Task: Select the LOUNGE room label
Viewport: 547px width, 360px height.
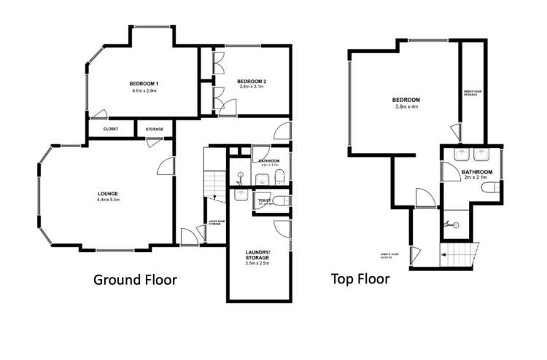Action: (107, 193)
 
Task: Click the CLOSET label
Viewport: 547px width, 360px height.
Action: (111, 129)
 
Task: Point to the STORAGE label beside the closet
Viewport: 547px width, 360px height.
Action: (154, 129)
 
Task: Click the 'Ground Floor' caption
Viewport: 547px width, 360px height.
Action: (135, 279)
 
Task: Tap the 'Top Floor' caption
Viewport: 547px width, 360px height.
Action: (360, 278)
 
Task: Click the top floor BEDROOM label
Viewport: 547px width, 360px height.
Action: (406, 100)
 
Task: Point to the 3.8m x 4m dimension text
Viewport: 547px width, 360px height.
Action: (406, 108)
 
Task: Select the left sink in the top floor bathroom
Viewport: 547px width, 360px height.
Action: (460, 154)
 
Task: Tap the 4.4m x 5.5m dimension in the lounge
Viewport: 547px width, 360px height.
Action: (107, 200)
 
